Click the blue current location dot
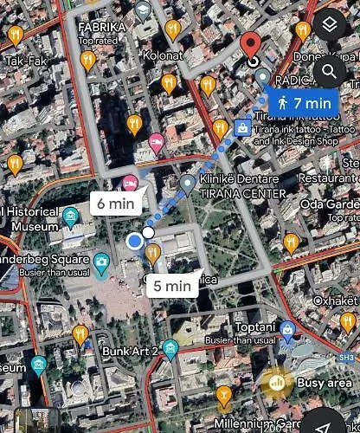click(134, 242)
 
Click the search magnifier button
click(330, 71)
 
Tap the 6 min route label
click(114, 204)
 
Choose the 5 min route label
click(171, 285)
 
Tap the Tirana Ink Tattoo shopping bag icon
click(243, 129)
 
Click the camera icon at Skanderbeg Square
click(102, 261)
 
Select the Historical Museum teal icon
click(71, 214)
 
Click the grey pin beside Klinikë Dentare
click(188, 184)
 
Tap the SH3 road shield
click(347, 356)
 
